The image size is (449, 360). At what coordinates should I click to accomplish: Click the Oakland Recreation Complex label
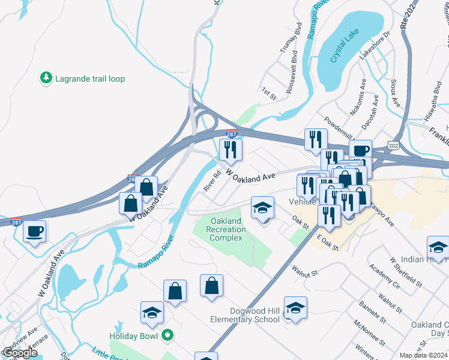[x=226, y=230]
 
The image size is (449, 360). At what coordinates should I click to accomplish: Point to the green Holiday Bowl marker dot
[x=167, y=335]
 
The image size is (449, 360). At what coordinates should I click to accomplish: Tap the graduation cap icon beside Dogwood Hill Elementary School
[x=295, y=308]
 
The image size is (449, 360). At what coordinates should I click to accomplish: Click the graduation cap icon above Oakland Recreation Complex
[x=262, y=208]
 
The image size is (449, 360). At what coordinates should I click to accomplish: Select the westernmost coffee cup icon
[x=35, y=230]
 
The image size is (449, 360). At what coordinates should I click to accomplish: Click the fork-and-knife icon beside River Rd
[x=231, y=149]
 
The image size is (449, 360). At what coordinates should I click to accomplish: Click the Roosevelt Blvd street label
[x=294, y=67]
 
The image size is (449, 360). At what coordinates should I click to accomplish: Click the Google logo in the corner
[x=19, y=353]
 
